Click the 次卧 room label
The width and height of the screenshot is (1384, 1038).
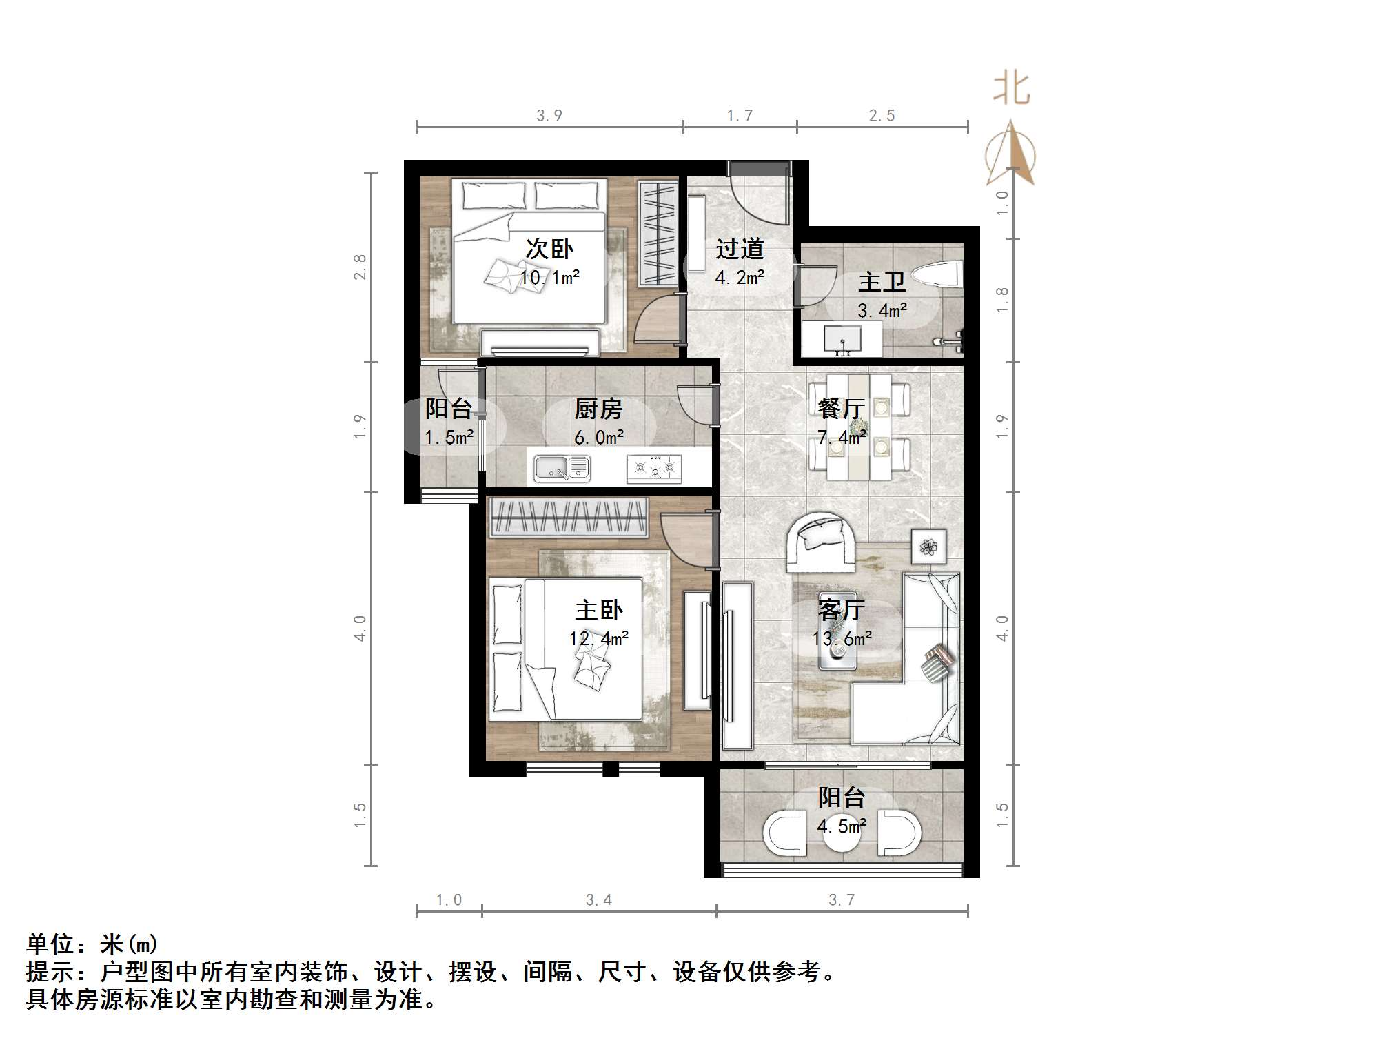(549, 249)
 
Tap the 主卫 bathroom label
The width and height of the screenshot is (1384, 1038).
(882, 282)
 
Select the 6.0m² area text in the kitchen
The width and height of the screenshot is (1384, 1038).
(599, 438)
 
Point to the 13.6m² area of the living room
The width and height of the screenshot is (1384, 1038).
(842, 639)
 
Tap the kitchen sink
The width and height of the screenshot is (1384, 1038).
(562, 469)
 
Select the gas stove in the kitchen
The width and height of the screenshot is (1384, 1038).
(654, 469)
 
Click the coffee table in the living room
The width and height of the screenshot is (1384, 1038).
(837, 631)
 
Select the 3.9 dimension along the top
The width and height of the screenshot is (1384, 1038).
(549, 116)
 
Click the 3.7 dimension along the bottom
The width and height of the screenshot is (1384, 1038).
(842, 900)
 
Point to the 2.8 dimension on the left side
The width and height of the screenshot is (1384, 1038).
(359, 267)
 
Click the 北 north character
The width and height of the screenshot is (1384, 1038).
(1011, 90)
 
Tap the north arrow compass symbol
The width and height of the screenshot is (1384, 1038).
(1010, 155)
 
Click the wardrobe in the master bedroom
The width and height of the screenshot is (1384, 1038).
(568, 517)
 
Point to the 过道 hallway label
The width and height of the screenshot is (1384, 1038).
(740, 249)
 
